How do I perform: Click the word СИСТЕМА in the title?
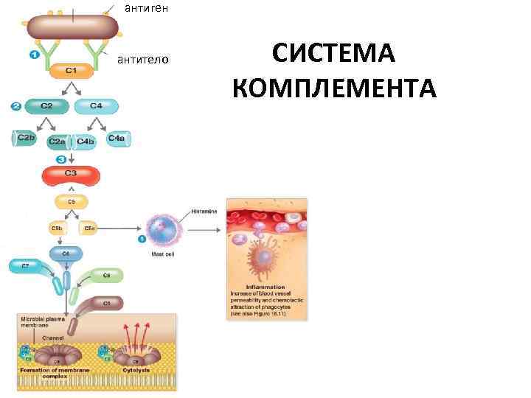click(334, 55)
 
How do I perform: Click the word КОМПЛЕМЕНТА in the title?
click(334, 89)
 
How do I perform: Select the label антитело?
click(144, 60)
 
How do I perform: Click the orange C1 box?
click(72, 71)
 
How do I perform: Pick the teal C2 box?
click(46, 106)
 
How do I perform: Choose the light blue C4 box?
click(96, 106)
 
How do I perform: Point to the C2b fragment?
click(25, 138)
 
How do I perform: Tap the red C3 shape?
click(71, 174)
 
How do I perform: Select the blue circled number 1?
click(34, 55)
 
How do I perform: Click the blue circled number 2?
click(16, 106)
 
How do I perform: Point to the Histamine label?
click(205, 211)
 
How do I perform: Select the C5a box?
click(89, 229)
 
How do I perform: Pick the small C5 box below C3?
click(72, 201)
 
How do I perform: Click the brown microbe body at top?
click(72, 27)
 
